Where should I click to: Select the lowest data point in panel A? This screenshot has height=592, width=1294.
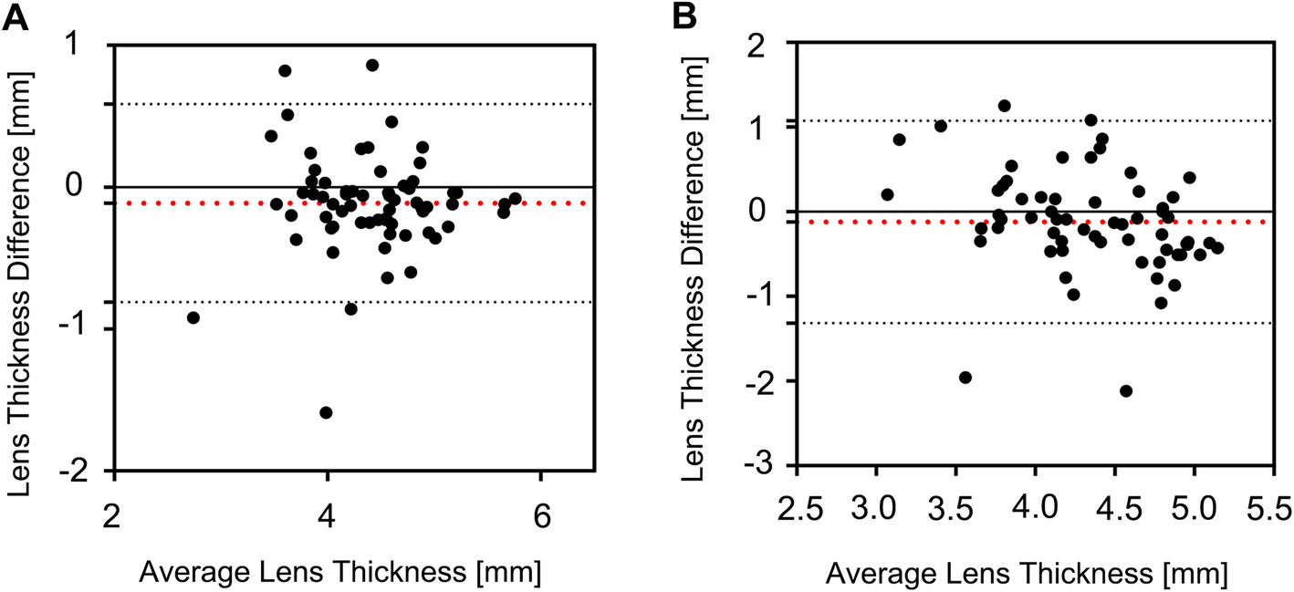(326, 412)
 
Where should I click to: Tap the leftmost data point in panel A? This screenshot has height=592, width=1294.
(193, 317)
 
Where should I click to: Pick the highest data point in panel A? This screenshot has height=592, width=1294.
(372, 65)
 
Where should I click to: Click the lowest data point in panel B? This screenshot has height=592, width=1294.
(1126, 390)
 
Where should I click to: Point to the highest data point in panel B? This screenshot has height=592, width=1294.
(1005, 106)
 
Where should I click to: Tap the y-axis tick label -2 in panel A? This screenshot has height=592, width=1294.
(87, 471)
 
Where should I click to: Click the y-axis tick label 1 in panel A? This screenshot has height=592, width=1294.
(93, 45)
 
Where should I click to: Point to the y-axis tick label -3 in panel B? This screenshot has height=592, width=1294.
(767, 465)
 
